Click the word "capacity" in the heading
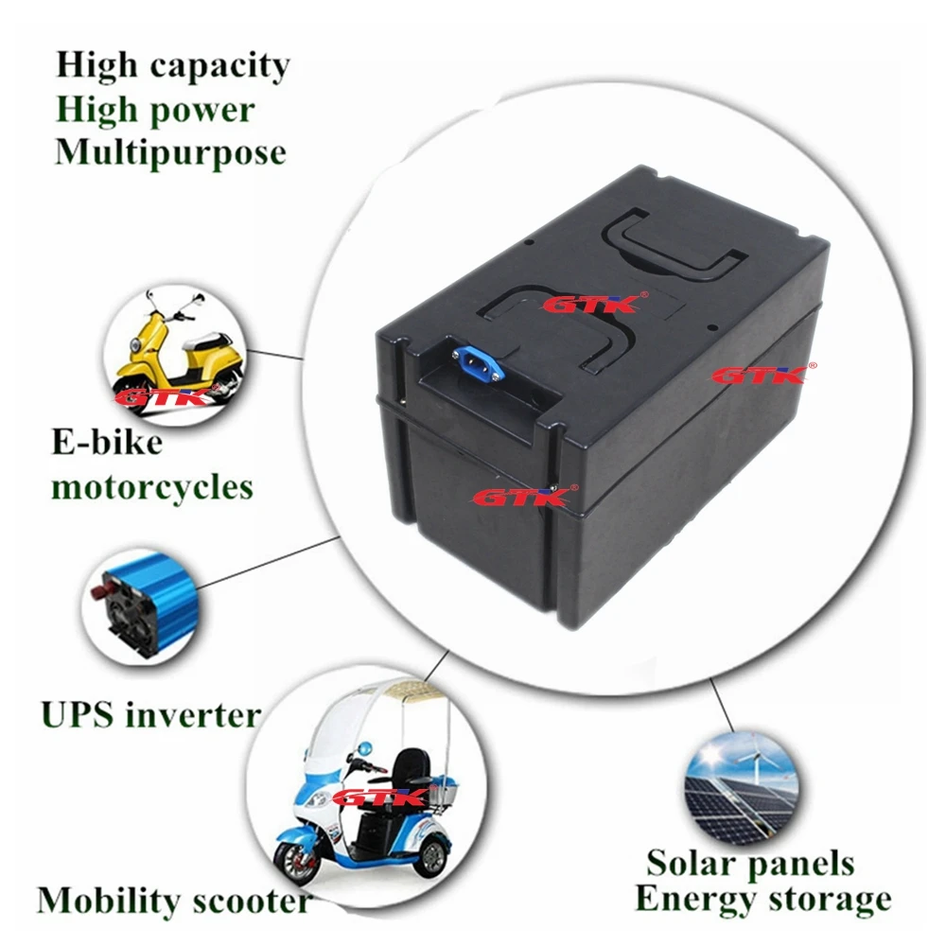(220, 66)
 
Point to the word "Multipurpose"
(170, 153)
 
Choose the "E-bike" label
(108, 442)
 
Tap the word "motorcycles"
(152, 487)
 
